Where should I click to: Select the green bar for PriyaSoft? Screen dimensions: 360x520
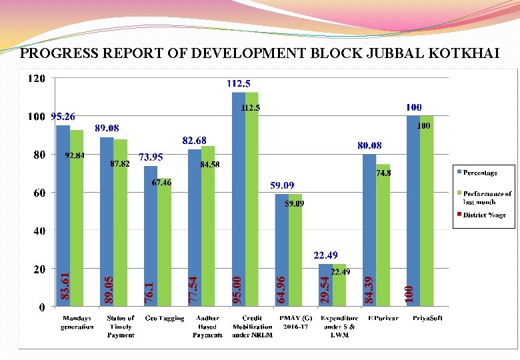tap(427, 213)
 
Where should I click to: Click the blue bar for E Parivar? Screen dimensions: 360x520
tap(369, 227)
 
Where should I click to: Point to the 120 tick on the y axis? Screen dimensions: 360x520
tap(37, 79)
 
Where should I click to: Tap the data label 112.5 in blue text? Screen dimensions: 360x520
tap(239, 84)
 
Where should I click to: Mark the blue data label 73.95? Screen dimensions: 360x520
tap(151, 157)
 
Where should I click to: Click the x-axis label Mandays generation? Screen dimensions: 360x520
tap(77, 323)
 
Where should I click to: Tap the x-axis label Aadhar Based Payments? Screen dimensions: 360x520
tap(207, 327)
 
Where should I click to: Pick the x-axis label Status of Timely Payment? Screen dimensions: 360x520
tap(121, 327)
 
